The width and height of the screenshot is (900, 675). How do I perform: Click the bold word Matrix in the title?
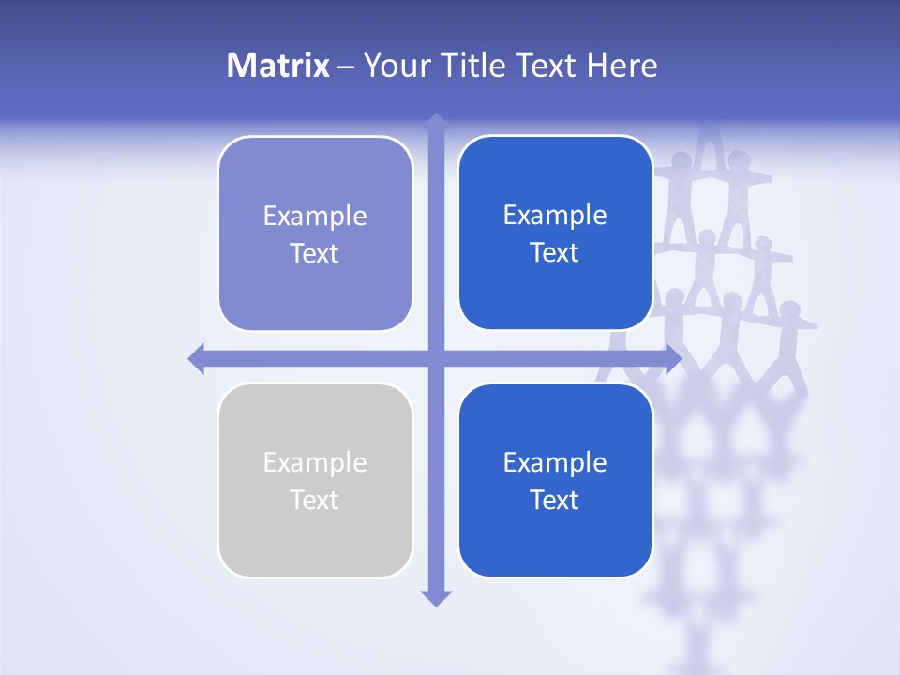277,66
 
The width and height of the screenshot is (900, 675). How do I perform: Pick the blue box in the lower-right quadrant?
555,539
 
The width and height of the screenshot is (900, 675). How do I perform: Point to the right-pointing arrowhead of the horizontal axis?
673,358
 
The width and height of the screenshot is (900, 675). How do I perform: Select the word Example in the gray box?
315,463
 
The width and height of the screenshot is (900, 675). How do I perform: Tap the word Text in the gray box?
315,500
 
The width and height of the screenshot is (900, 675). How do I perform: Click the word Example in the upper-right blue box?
555,216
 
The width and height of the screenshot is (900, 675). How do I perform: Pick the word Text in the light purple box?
315,253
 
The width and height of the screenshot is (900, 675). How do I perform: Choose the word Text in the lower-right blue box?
555,500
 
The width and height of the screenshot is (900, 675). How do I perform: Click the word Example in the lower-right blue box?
555,463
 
